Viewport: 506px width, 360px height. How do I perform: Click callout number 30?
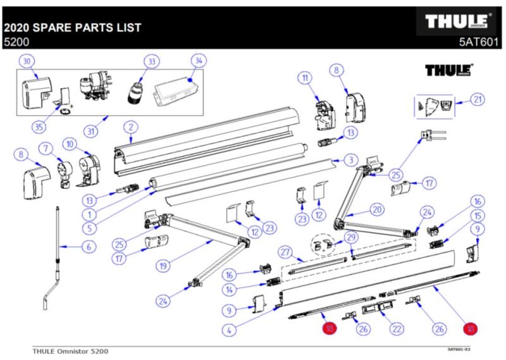coord(27,61)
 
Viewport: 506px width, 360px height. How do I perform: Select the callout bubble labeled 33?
coord(151,61)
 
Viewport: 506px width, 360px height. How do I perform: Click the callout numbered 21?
coord(478,99)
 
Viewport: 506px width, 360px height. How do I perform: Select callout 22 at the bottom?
coord(397,328)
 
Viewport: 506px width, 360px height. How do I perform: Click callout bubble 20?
coord(377,209)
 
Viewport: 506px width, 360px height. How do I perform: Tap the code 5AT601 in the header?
coord(481,43)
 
